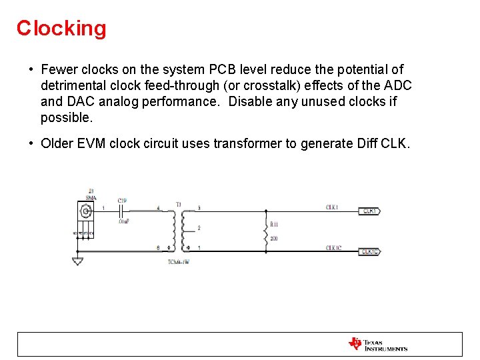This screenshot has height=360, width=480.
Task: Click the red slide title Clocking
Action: [x=61, y=28]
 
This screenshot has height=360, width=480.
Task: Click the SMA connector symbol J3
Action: [x=85, y=211]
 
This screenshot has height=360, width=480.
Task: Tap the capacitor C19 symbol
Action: [x=123, y=211]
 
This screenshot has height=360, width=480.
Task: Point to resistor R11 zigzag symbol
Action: [x=266, y=233]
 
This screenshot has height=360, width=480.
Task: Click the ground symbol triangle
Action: [x=77, y=261]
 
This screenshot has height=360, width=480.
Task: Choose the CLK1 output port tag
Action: [x=370, y=211]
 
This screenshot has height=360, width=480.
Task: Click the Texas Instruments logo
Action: [x=377, y=344]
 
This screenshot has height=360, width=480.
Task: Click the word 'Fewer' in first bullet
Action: [x=57, y=69]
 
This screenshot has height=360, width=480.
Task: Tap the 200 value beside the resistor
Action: [x=274, y=238]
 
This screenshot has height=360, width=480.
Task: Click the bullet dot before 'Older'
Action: [x=31, y=143]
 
